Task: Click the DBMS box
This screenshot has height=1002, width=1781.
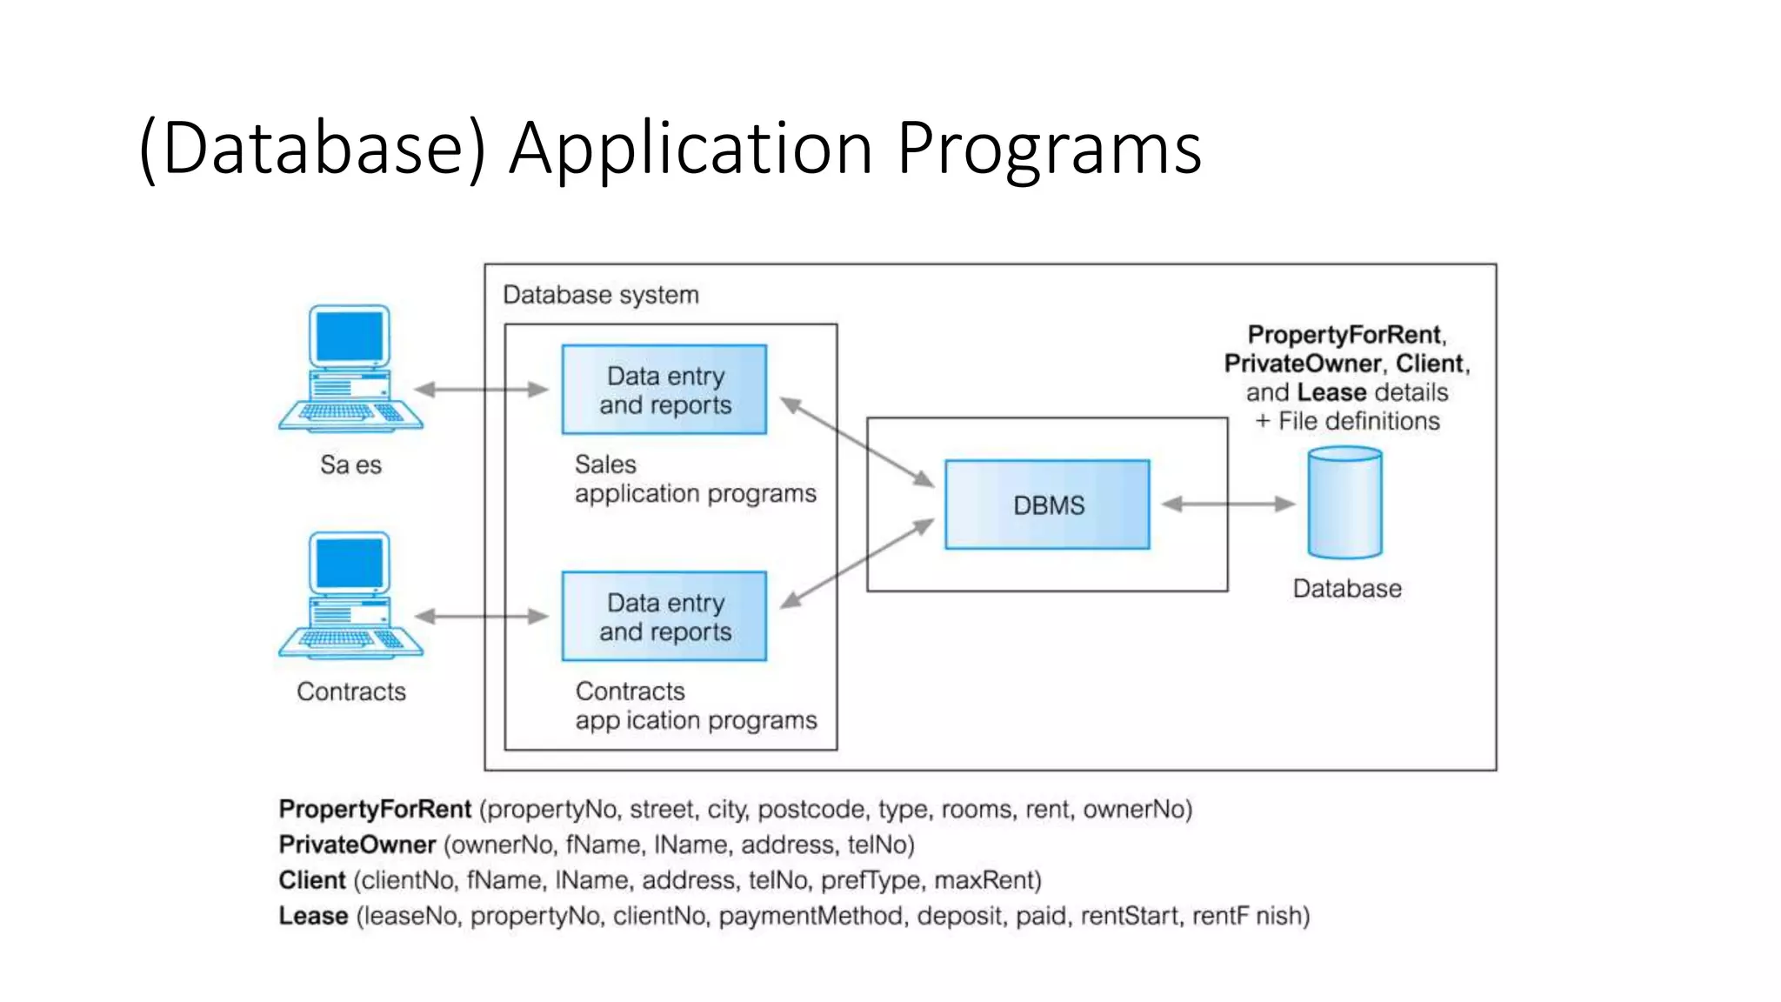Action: [1047, 504]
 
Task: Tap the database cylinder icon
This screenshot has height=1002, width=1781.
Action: [1344, 503]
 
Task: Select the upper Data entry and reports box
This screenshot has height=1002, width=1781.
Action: [664, 390]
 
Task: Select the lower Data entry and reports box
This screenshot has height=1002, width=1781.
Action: [664, 617]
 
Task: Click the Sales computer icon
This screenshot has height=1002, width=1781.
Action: [350, 369]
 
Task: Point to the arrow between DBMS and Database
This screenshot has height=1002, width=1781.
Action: [1228, 504]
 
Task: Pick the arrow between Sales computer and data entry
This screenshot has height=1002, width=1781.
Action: [481, 390]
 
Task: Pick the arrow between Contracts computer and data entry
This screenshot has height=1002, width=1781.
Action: [481, 617]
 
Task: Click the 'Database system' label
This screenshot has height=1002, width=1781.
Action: [601, 295]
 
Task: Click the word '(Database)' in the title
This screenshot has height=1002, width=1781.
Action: [313, 148]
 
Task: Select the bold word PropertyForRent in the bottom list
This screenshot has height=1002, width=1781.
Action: [375, 810]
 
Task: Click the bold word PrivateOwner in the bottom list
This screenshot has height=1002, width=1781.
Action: [357, 845]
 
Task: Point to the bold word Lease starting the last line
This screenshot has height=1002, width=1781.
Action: [313, 916]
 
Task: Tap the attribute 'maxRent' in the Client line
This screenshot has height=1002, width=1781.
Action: [987, 880]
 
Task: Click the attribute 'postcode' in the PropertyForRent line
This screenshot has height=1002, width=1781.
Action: [810, 810]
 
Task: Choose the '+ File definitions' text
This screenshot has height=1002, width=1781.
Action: [1347, 421]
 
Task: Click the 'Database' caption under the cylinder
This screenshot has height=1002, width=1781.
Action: [1347, 589]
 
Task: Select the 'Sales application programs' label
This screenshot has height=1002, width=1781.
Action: [695, 479]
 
